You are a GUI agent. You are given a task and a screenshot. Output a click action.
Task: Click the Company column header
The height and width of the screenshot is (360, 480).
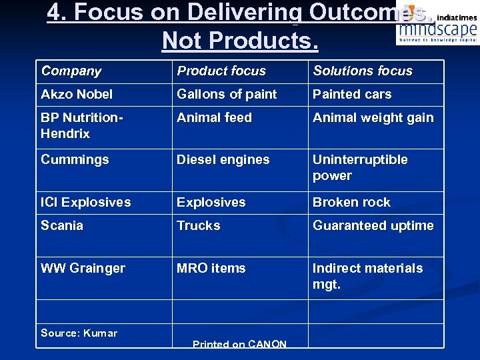[71, 71]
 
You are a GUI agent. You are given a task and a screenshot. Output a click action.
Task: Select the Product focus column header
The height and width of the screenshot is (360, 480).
[221, 71]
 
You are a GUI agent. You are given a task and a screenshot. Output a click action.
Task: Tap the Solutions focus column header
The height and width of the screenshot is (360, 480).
[363, 71]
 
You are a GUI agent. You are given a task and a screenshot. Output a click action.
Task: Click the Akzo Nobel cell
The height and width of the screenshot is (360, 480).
[77, 94]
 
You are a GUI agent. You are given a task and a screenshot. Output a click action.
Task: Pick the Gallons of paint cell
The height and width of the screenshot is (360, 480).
[227, 94]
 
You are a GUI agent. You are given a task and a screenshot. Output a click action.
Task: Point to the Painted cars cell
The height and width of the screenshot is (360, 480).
[352, 94]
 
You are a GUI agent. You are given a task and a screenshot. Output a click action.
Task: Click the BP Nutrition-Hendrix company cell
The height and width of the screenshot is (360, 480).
[82, 125]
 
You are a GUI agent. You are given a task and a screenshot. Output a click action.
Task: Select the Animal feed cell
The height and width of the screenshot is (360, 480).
[214, 118]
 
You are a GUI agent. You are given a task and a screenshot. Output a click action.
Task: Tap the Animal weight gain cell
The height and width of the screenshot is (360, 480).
[373, 118]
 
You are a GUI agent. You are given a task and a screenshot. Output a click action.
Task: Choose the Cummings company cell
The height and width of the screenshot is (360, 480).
[74, 160]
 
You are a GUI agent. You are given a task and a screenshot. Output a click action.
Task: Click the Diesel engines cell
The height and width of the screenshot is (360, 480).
[223, 160]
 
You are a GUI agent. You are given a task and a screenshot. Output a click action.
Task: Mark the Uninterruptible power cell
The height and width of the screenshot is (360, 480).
[360, 167]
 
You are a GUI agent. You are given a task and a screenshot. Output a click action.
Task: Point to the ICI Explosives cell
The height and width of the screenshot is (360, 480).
[86, 202]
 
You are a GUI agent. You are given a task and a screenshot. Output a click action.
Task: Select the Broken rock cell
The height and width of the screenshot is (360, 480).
[351, 202]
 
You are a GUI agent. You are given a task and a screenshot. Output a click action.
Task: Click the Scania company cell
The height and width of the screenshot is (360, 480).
[62, 225]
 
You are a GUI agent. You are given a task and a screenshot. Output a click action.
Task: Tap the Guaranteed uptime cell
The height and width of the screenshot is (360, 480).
[373, 225]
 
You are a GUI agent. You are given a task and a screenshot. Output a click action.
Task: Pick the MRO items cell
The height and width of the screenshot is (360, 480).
[211, 268]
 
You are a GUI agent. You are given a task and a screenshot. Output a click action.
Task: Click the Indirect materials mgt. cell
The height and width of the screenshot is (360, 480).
[368, 276]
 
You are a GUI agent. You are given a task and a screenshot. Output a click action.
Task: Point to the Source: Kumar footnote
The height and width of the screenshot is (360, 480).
[79, 333]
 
